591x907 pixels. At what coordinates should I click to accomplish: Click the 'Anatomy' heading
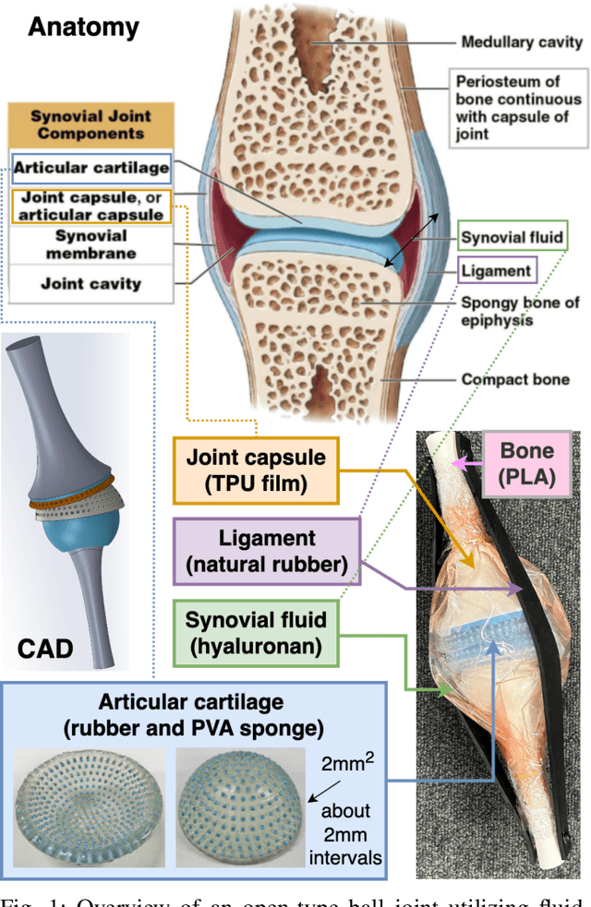pyautogui.click(x=83, y=27)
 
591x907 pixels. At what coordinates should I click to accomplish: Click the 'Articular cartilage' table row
pyautogui.click(x=90, y=168)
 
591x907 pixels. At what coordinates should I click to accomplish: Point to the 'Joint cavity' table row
pyautogui.click(x=90, y=283)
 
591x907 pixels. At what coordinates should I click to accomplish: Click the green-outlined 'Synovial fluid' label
pyautogui.click(x=511, y=237)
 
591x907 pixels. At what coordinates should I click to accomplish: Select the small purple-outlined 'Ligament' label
pyautogui.click(x=497, y=271)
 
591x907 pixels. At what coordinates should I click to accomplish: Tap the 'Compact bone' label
pyautogui.click(x=513, y=379)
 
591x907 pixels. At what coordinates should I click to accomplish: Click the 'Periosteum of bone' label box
pyautogui.click(x=517, y=109)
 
